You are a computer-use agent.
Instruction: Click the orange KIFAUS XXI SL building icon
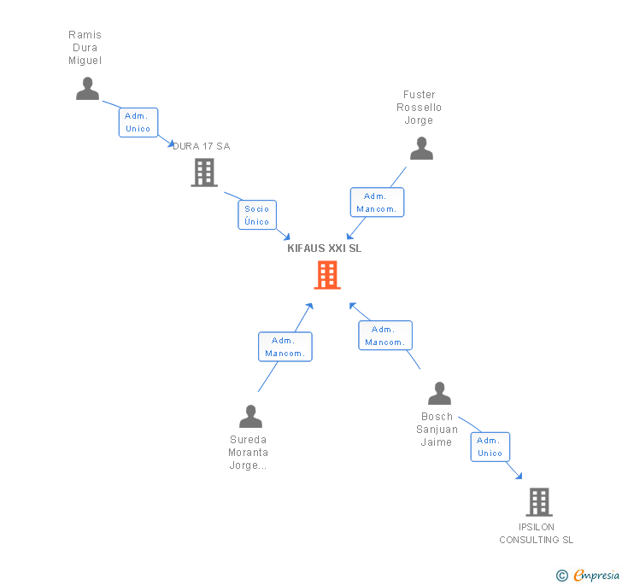pos(326,275)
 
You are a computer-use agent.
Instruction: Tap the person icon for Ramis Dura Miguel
pos(87,88)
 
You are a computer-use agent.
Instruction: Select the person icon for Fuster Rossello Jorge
pos(421,148)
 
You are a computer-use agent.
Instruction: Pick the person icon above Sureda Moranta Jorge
pos(250,416)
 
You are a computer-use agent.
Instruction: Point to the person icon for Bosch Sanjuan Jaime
pos(439,394)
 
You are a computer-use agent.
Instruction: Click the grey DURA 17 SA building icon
pos(203,173)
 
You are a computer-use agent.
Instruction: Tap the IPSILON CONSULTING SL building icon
pos(538,502)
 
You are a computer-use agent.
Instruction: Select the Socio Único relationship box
pos(257,215)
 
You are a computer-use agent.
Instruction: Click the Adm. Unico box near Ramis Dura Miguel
pos(138,122)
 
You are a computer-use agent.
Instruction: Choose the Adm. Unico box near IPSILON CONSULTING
pos(490,447)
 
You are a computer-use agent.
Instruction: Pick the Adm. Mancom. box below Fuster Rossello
pos(377,202)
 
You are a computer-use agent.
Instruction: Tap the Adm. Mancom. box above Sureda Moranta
pos(285,347)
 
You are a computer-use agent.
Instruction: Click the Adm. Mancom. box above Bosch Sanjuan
pos(385,336)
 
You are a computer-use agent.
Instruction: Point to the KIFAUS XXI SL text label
pos(325,249)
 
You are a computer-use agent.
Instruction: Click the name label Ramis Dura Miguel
pos(85,48)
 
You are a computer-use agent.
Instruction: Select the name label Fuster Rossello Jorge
pos(420,108)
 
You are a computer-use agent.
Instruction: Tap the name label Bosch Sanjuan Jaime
pos(437,430)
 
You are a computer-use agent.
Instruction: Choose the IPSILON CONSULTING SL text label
pos(537,534)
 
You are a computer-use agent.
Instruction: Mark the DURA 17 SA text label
pos(202,146)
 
